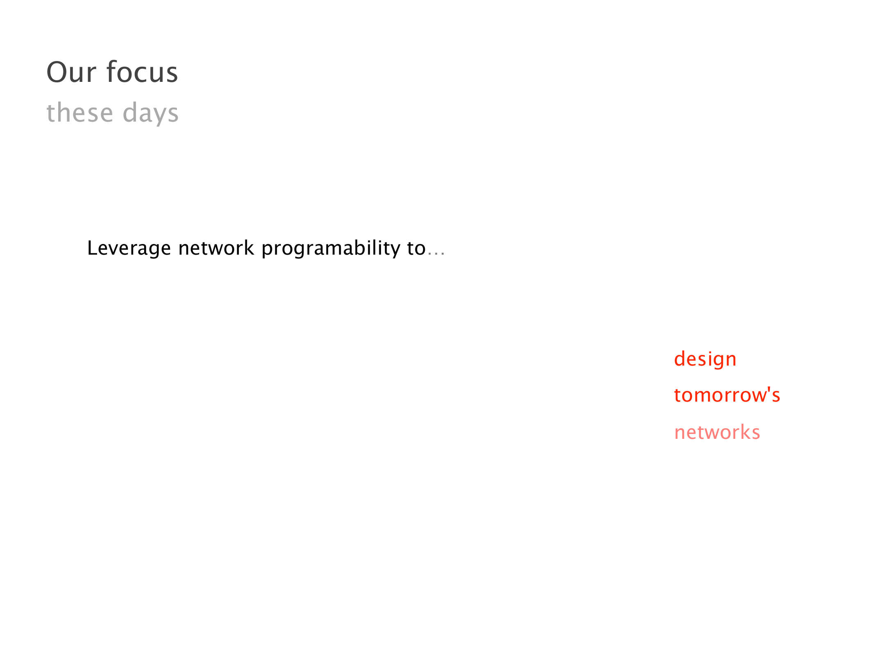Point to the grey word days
(151, 113)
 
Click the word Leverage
(129, 248)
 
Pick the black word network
(216, 248)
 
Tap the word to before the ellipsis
(417, 248)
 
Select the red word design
(705, 359)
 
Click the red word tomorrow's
(727, 395)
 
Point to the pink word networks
(717, 432)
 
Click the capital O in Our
(57, 72)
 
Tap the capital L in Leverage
(93, 248)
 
